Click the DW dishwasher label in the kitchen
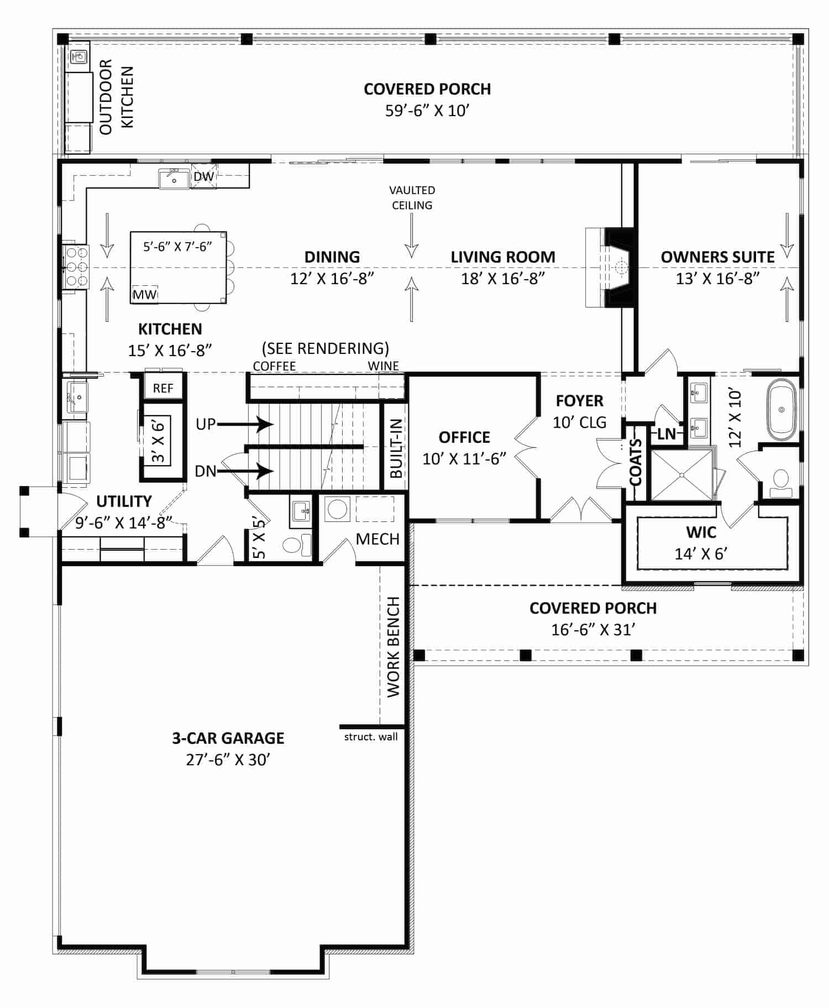click(204, 176)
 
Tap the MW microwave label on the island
click(145, 295)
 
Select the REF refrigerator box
click(163, 388)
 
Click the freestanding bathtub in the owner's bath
click(781, 410)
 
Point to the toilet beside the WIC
click(780, 481)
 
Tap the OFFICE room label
click(464, 437)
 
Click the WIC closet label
click(701, 532)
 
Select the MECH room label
click(377, 539)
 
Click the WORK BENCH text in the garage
click(393, 646)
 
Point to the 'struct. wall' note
click(371, 737)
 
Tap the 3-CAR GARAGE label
click(228, 738)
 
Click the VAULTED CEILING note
click(412, 197)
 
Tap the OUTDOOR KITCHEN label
click(117, 97)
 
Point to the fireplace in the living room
click(610, 268)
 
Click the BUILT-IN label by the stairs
click(396, 448)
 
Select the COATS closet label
click(636, 462)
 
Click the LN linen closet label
click(667, 434)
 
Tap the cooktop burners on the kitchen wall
click(77, 267)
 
